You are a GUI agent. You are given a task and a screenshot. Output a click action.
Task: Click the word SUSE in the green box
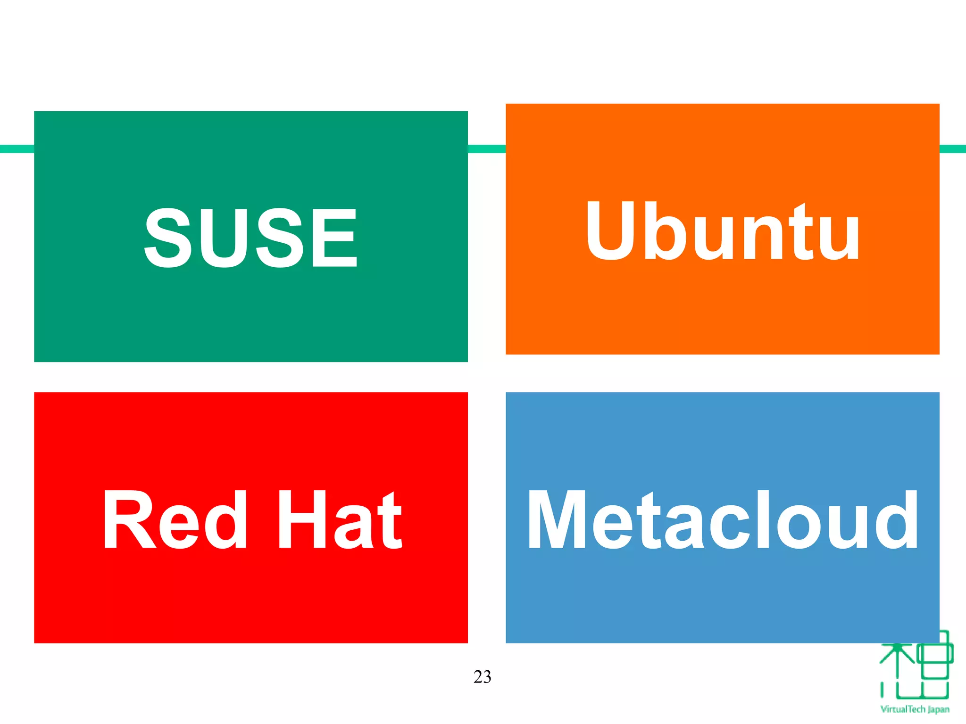coord(250,238)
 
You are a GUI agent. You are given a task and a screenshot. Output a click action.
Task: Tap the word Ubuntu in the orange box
coord(722,231)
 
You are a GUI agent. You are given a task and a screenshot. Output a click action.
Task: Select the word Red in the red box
coord(175,519)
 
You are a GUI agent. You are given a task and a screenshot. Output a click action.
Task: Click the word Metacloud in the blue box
coord(722,519)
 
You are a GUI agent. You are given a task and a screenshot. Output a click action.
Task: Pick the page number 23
coord(482,677)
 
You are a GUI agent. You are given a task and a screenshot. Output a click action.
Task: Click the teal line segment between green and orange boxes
coord(487,149)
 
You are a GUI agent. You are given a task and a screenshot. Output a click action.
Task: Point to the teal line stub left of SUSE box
coord(17,149)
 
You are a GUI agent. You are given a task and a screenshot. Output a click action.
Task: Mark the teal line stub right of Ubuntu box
coord(953,149)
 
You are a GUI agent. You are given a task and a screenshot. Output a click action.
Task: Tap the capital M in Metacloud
coord(557,519)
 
